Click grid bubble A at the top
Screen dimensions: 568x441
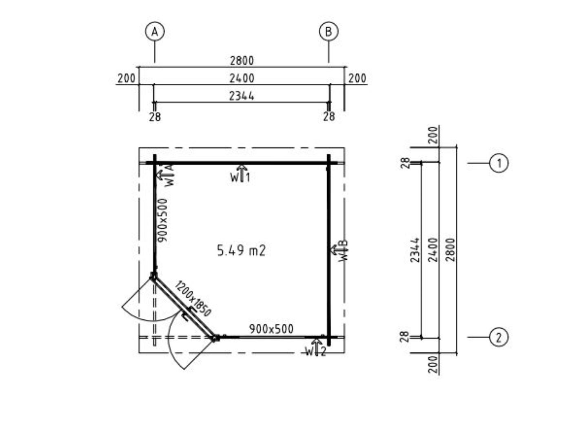(x=155, y=32)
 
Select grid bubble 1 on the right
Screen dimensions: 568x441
(x=499, y=163)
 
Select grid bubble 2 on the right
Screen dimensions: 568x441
(x=499, y=337)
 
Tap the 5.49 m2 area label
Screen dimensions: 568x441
(x=241, y=251)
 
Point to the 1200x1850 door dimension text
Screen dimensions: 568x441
(x=193, y=298)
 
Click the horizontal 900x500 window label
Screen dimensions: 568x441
(x=271, y=329)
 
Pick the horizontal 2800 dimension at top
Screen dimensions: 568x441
(x=242, y=61)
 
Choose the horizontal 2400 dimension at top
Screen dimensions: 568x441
(x=242, y=78)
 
